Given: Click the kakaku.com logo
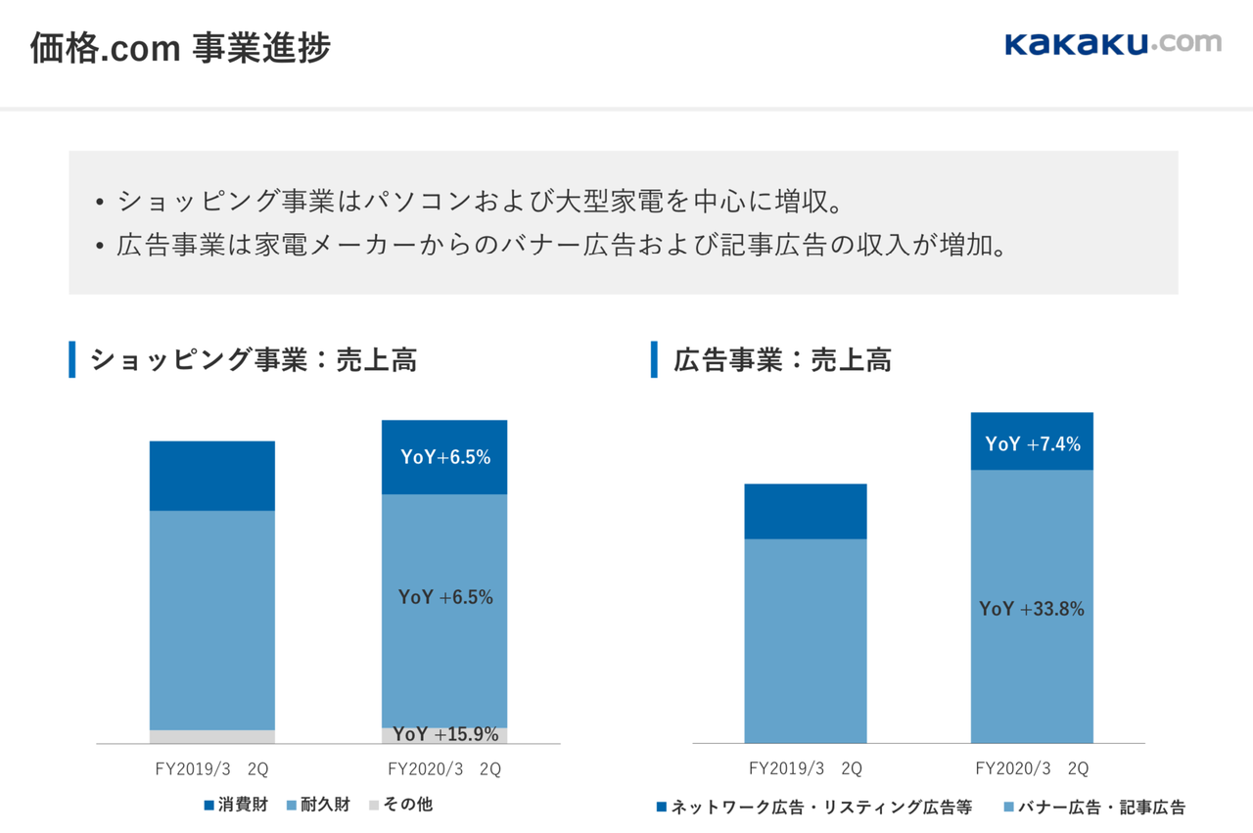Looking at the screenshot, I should pyautogui.click(x=1113, y=44).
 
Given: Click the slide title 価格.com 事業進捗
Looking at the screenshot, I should pyautogui.click(x=180, y=48).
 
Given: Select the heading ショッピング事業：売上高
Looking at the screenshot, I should pyautogui.click(x=254, y=360).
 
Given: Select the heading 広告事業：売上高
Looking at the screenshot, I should pyautogui.click(x=782, y=360).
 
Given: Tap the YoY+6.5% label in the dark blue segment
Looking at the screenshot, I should pyautogui.click(x=445, y=457).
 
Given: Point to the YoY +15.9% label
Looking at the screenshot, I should pyautogui.click(x=445, y=734).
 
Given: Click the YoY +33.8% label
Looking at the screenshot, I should pyautogui.click(x=1032, y=609).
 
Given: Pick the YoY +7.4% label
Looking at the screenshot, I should pyautogui.click(x=1033, y=444).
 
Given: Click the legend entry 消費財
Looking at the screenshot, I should pyautogui.click(x=235, y=805).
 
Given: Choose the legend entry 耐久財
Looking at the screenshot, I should pyautogui.click(x=318, y=805).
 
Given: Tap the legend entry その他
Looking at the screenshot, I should pyautogui.click(x=400, y=805).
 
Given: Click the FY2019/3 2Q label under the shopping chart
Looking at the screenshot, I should pyautogui.click(x=212, y=769).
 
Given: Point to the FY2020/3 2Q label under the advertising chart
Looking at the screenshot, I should pyautogui.click(x=1032, y=768).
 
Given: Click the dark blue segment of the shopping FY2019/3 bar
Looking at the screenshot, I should pyautogui.click(x=212, y=476).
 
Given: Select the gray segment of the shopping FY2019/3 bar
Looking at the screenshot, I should pyautogui.click(x=212, y=737).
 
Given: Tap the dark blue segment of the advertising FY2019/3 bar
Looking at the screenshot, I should pyautogui.click(x=806, y=511).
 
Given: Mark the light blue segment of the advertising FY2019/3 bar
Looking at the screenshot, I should pyautogui.click(x=806, y=640).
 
